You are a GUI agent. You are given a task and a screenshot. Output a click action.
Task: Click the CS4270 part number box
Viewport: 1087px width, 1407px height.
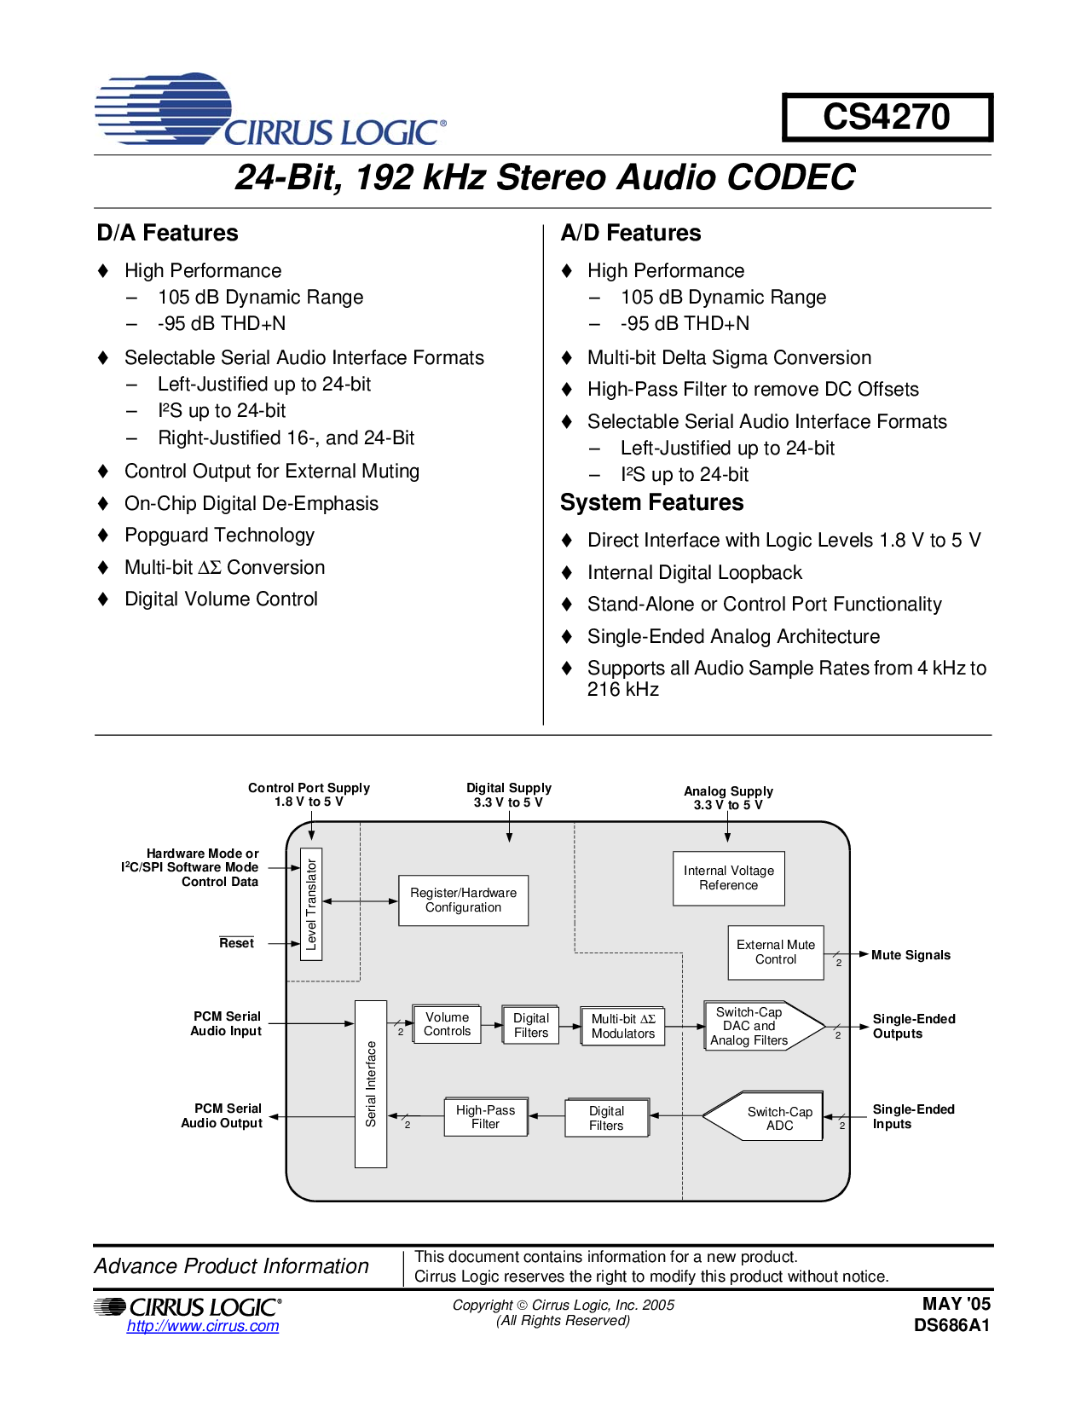coord(887,117)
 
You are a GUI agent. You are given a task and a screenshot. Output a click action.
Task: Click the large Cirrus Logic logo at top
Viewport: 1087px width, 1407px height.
coord(270,109)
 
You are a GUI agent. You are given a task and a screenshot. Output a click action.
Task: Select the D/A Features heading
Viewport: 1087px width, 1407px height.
coord(168,233)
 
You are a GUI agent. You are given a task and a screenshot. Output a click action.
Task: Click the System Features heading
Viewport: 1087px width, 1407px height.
coord(652,502)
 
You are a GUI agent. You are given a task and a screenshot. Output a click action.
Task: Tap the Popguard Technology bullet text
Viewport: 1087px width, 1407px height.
coord(219,536)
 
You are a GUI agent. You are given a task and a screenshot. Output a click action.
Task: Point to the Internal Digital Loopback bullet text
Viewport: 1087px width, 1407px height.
coord(695,572)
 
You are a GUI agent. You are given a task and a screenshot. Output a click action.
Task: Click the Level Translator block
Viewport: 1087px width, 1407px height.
coord(311,904)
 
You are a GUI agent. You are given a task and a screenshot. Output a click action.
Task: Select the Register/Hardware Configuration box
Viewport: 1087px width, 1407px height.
coord(464,900)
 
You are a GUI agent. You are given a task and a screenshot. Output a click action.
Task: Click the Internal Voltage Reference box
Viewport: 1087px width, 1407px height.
coord(729,878)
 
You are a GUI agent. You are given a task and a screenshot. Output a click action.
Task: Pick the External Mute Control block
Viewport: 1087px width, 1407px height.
coord(776,952)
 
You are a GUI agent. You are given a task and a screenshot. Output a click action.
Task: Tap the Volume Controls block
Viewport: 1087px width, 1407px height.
coord(447,1024)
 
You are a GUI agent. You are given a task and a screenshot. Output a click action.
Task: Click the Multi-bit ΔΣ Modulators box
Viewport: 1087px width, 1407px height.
coord(623,1027)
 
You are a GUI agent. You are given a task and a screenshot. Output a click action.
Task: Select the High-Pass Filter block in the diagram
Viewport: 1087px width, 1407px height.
coord(486,1117)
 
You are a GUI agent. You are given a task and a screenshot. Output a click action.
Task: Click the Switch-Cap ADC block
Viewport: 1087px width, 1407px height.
coord(763,1116)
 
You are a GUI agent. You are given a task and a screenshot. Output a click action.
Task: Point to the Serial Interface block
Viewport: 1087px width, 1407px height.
coord(371,1084)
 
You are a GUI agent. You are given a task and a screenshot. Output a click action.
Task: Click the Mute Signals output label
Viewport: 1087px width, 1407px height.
coord(911,955)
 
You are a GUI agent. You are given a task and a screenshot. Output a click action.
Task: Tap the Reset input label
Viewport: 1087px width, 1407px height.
coord(236,943)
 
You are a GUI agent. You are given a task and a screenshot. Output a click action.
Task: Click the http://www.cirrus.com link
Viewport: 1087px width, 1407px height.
coord(203,1326)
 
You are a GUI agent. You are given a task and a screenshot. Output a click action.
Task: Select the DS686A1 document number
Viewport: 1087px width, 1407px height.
coord(951,1325)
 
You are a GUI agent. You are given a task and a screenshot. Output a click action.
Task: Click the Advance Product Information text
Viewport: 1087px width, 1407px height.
coord(232,1265)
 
